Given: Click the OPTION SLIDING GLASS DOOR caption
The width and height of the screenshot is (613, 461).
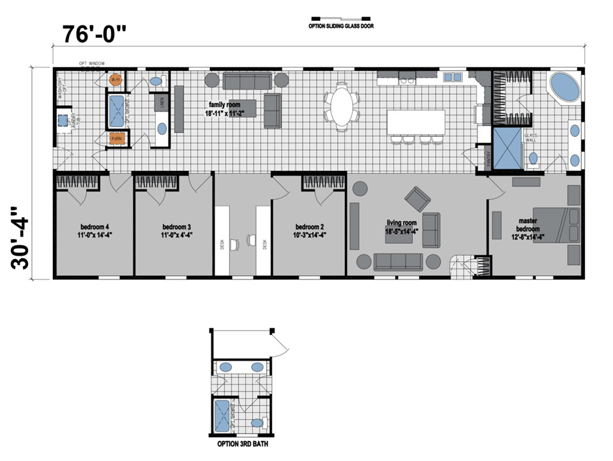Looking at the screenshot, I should [341, 27].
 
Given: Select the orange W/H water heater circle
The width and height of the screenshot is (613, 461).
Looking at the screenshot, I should [115, 80].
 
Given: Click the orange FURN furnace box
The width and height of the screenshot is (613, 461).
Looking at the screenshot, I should [117, 138].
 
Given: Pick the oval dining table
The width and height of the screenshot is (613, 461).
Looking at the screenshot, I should [340, 106].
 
